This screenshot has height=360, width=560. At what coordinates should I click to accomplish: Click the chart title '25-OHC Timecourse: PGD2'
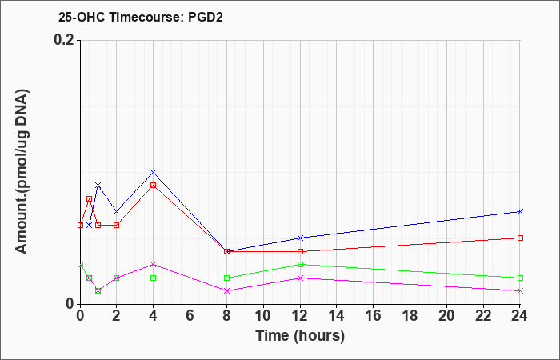pos(141,17)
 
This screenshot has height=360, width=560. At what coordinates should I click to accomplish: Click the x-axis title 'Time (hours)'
pos(300,336)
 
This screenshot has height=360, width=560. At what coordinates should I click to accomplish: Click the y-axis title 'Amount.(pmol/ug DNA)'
pos(22,172)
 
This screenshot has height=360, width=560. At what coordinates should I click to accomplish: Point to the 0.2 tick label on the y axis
pos(65,40)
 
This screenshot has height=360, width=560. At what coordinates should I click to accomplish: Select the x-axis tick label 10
pos(263,316)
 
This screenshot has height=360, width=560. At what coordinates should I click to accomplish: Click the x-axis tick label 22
pos(483,316)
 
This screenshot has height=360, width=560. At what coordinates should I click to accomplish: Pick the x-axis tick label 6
pos(190,316)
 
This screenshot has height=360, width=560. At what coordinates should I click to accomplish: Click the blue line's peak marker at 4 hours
pos(154,172)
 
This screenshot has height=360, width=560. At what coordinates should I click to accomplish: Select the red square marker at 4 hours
pos(154,186)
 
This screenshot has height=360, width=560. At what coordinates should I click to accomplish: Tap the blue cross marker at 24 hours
pos(520,212)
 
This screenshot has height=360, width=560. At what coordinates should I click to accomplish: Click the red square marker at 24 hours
pos(520,238)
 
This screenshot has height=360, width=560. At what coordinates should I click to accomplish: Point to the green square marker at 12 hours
pos(300,264)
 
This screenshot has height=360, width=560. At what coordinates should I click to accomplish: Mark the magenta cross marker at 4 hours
pos(154,264)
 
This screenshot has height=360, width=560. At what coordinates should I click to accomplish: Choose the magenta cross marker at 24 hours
pos(520,291)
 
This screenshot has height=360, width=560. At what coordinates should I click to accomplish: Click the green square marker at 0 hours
pos(80,264)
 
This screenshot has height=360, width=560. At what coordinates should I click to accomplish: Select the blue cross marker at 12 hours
pos(300,238)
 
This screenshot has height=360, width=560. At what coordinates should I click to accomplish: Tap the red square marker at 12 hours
pos(300,251)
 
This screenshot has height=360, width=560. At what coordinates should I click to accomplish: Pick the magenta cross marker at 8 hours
pos(226,291)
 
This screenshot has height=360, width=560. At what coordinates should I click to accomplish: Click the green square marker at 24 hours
pos(520,278)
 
